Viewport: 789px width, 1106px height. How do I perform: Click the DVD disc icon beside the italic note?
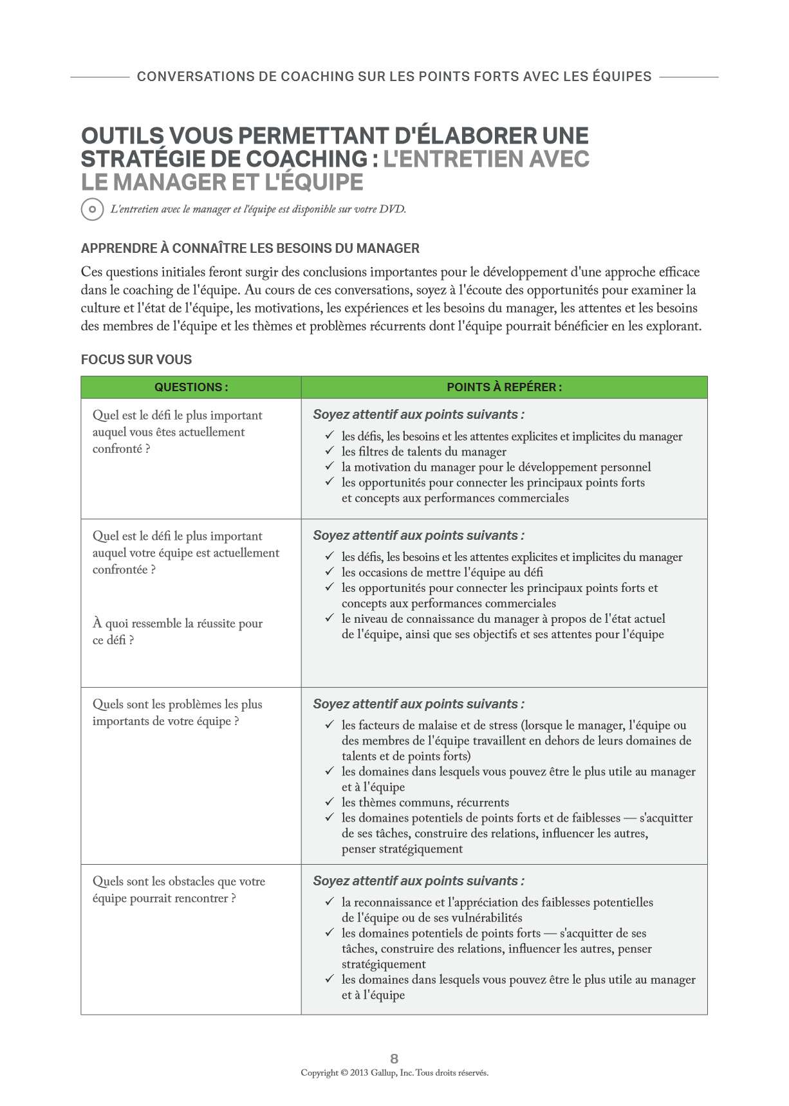pyautogui.click(x=92, y=209)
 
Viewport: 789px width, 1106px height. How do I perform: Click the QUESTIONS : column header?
pyautogui.click(x=191, y=387)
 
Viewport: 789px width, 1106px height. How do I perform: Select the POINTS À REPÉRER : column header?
pyautogui.click(x=504, y=387)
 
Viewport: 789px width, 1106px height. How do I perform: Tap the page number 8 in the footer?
pyautogui.click(x=394, y=1058)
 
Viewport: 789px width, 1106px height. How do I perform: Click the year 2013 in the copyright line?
pyautogui.click(x=359, y=1073)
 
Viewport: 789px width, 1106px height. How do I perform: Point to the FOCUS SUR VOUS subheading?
pyautogui.click(x=136, y=360)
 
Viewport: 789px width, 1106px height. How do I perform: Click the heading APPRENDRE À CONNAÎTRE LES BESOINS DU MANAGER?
pyautogui.click(x=250, y=248)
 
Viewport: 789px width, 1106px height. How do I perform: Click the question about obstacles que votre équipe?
pyautogui.click(x=179, y=890)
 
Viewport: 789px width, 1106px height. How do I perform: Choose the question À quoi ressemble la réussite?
pyautogui.click(x=177, y=631)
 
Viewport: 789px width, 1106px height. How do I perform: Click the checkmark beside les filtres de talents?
pyautogui.click(x=330, y=451)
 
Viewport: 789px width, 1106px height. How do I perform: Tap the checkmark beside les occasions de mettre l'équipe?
pyautogui.click(x=330, y=572)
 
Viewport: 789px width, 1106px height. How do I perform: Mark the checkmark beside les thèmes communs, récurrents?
pyautogui.click(x=330, y=802)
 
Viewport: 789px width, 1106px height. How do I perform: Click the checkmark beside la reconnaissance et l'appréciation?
pyautogui.click(x=330, y=902)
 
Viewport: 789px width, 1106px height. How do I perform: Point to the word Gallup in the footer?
pyautogui.click(x=384, y=1073)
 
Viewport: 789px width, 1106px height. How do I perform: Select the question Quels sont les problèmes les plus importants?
pyautogui.click(x=177, y=712)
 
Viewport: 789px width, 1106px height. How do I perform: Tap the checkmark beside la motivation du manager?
pyautogui.click(x=330, y=466)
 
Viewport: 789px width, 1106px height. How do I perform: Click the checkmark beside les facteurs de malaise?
pyautogui.click(x=330, y=724)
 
